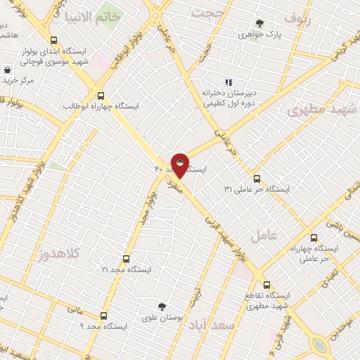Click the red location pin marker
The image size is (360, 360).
tap(180, 165)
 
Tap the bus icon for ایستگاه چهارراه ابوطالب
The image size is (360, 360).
tap(101, 96)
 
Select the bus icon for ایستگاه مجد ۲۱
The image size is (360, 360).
tap(127, 259)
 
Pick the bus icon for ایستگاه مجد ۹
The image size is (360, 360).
tap(104, 316)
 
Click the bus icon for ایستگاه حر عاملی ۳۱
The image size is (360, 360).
tap(257, 179)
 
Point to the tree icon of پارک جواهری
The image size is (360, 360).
tap(260, 23)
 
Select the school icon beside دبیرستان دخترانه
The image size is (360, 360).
tap(227, 82)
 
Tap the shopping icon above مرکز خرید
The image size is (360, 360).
tap(7, 70)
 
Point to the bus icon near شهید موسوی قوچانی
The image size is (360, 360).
tap(55, 40)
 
